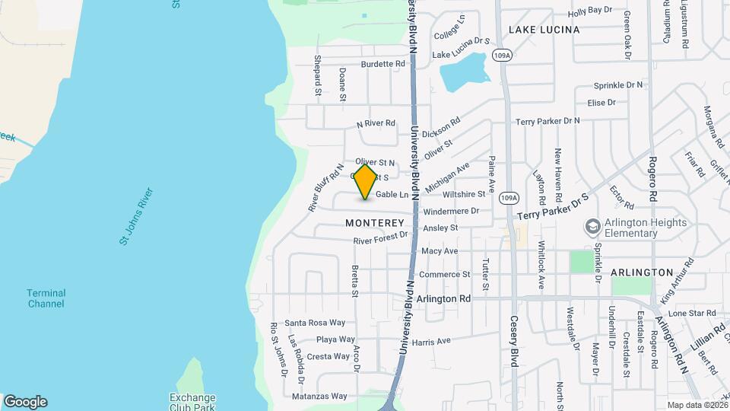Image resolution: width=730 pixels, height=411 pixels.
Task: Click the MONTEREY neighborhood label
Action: [x=375, y=223]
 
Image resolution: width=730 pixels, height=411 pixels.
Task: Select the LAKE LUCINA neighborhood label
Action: [x=544, y=30]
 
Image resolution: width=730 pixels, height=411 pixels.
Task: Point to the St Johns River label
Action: [x=137, y=216]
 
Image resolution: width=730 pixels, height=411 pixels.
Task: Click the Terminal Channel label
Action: [x=46, y=298]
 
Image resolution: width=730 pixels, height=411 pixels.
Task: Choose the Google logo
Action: [x=25, y=402]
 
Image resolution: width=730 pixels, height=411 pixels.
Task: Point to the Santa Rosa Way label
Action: [x=315, y=323]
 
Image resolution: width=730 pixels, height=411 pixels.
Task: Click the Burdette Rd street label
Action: [x=383, y=64]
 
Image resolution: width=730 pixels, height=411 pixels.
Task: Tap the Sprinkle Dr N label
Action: [x=617, y=84]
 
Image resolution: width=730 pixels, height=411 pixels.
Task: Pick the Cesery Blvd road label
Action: [x=514, y=342]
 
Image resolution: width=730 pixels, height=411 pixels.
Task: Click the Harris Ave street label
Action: [x=432, y=341]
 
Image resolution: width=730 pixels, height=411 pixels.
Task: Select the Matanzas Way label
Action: [x=319, y=396]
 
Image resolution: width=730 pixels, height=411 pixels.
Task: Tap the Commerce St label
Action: [x=444, y=274]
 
